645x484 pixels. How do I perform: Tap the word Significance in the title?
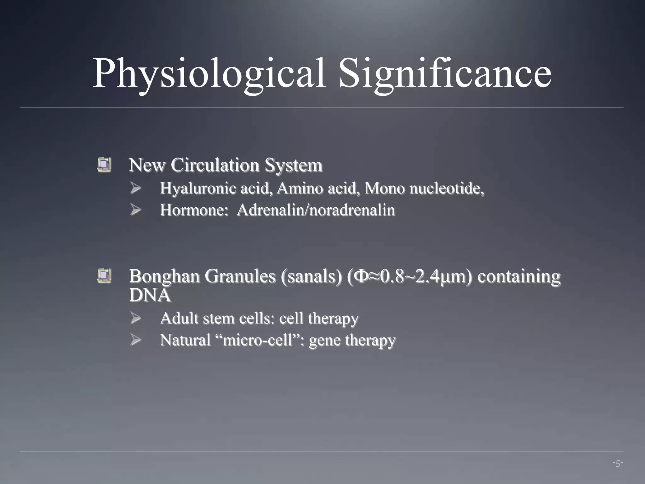(445, 73)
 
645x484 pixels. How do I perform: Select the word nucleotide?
(446, 189)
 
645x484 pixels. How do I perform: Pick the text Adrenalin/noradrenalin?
(316, 210)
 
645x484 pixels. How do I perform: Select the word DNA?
(150, 295)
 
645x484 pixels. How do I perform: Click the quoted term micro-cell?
(258, 340)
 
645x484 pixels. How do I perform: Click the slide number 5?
(618, 464)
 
